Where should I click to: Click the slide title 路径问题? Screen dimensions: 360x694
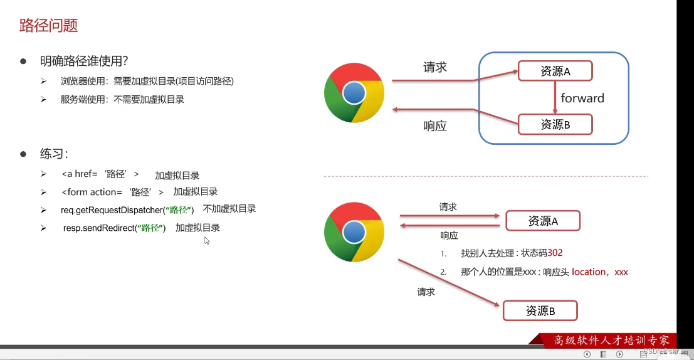[49, 26]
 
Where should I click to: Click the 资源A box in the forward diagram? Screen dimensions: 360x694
[555, 71]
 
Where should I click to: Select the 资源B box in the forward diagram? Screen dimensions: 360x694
[555, 124]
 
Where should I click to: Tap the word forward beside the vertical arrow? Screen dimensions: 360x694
[582, 98]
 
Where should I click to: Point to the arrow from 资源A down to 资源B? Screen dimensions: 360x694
[555, 98]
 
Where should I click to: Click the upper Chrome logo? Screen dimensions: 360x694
[354, 93]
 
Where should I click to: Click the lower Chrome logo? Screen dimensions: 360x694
[354, 231]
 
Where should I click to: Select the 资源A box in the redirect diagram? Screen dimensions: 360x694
[543, 221]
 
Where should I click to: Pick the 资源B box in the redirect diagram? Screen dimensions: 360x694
[540, 310]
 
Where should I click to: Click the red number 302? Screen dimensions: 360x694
[555, 253]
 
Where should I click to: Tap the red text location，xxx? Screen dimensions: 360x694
[599, 272]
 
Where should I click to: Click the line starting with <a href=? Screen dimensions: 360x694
[100, 174]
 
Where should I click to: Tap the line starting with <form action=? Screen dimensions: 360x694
[112, 192]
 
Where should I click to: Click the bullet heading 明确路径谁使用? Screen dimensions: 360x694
[84, 61]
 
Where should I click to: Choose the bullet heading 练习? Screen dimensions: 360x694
[54, 154]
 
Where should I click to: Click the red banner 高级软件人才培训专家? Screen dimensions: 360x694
[611, 340]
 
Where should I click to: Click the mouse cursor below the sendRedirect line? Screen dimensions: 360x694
[207, 241]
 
